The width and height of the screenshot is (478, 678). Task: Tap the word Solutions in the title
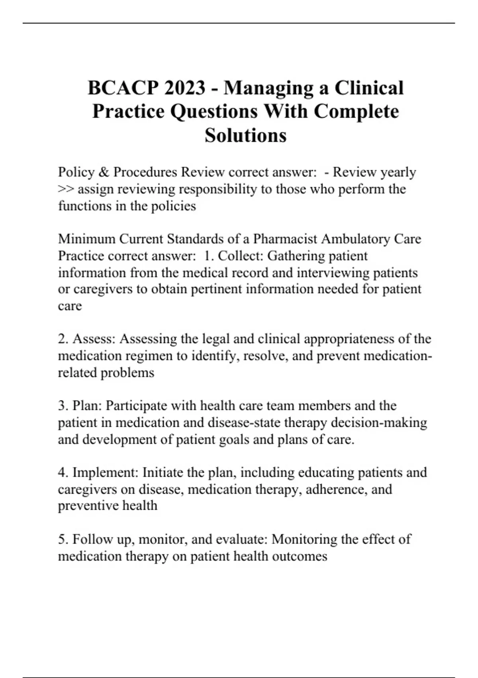tap(245, 135)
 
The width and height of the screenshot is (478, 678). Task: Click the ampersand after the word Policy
tap(104, 172)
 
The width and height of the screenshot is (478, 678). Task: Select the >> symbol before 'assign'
tap(66, 189)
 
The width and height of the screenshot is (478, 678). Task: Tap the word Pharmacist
tap(285, 239)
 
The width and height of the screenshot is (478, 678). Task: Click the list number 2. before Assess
tap(63, 339)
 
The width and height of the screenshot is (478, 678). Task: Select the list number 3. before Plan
tap(63, 406)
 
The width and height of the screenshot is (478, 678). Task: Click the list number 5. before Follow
tap(63, 539)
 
